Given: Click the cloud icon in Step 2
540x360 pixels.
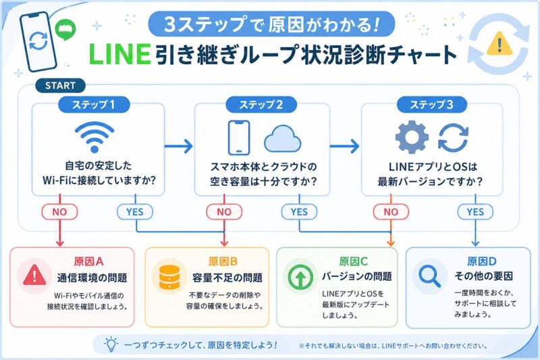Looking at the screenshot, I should coord(282,138).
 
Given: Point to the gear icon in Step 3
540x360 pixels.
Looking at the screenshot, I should coord(412,138).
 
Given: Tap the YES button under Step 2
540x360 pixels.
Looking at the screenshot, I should coord(299,211).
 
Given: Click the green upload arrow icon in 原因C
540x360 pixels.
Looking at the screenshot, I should coord(300,277).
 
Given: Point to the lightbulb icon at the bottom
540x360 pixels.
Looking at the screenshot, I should coord(111,344).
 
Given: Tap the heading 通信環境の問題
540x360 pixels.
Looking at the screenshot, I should coord(92,277).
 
